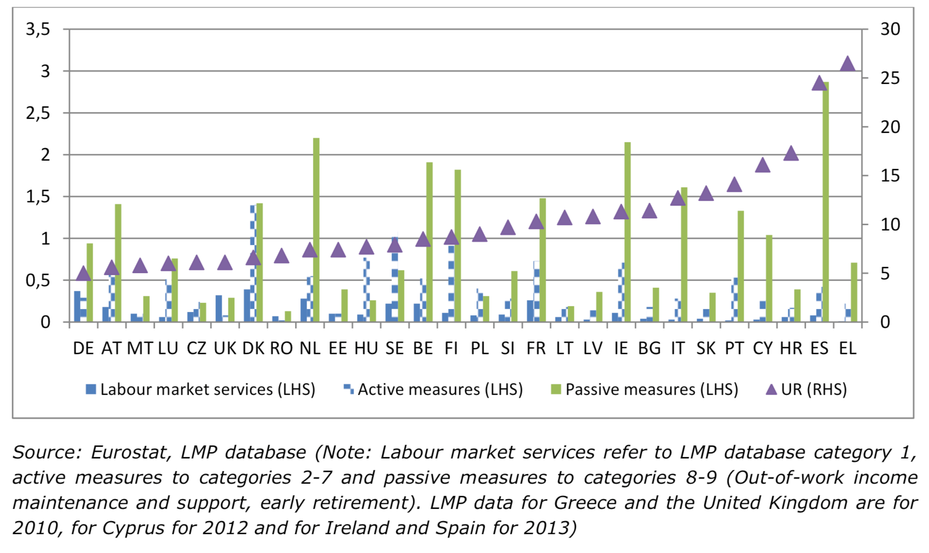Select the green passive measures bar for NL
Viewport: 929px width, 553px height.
point(316,230)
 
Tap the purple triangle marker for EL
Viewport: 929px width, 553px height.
point(847,64)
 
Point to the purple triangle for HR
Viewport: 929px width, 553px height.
point(791,154)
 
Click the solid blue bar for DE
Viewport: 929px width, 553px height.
point(77,307)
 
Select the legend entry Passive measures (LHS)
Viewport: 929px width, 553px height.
point(645,390)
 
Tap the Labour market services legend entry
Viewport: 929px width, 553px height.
point(201,390)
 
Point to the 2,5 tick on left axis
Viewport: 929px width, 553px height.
point(38,114)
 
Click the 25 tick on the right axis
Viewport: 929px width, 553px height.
point(890,78)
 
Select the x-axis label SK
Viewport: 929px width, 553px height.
point(706,348)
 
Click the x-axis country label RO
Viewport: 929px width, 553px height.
point(281,348)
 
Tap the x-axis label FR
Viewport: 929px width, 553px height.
point(536,348)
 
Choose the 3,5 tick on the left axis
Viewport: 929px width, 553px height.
point(38,30)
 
